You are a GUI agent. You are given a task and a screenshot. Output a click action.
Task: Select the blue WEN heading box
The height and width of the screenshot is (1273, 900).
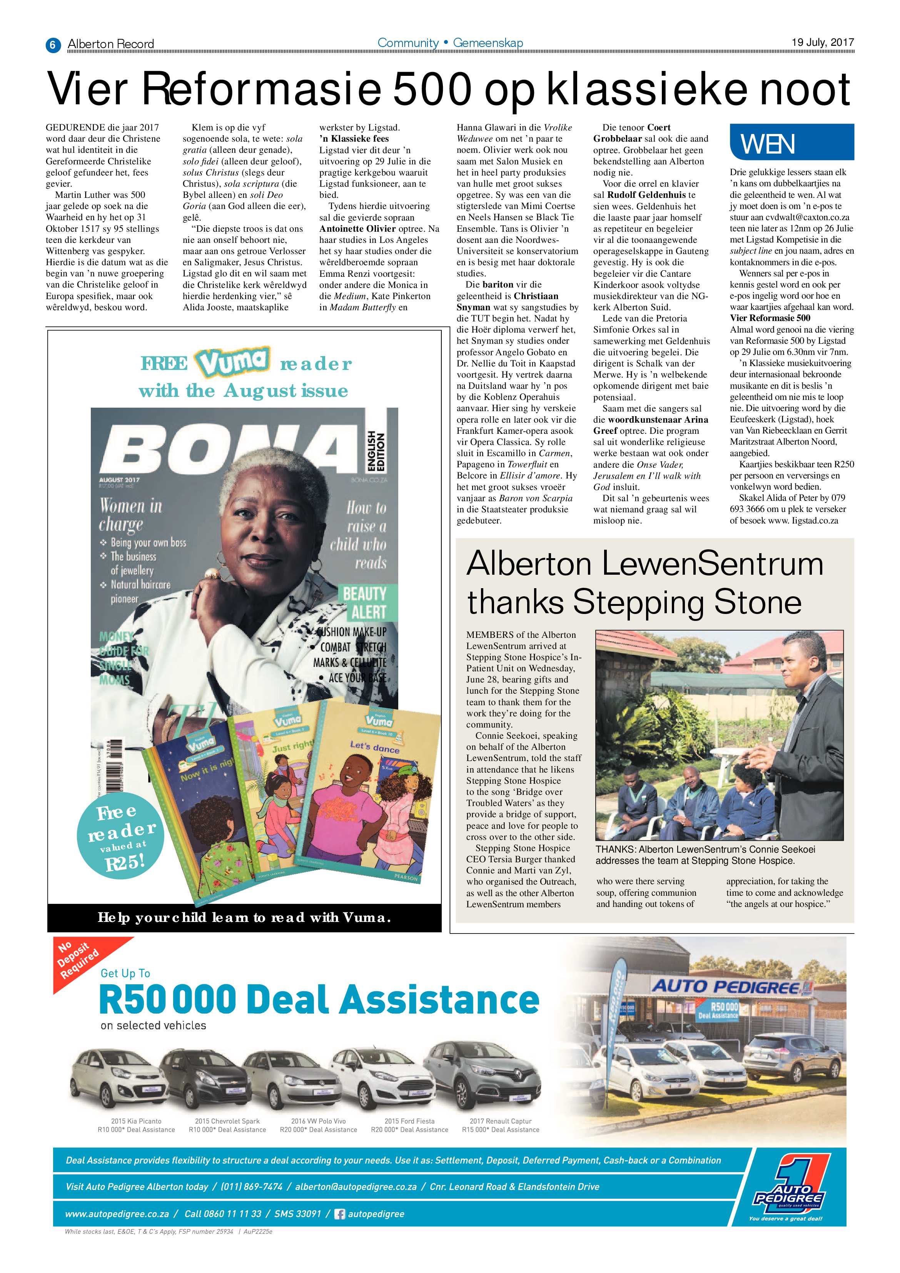pyautogui.click(x=791, y=142)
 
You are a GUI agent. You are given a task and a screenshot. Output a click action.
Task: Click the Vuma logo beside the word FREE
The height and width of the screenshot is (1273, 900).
pyautogui.click(x=233, y=363)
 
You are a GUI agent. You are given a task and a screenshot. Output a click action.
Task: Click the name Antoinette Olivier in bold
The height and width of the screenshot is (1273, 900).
pyautogui.click(x=357, y=228)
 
